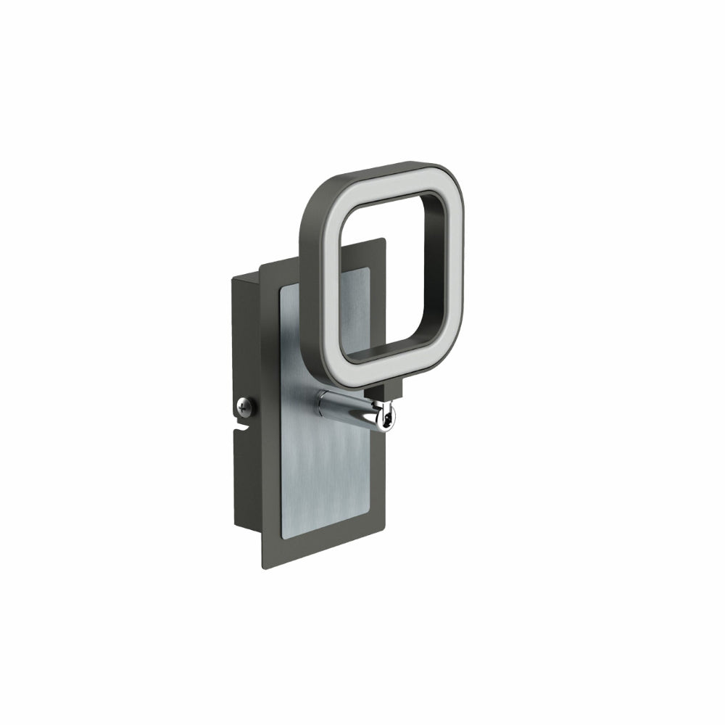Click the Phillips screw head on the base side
point(246,407)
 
